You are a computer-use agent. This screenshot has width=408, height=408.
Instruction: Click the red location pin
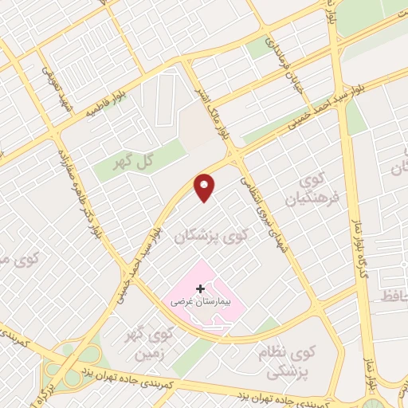206,188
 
